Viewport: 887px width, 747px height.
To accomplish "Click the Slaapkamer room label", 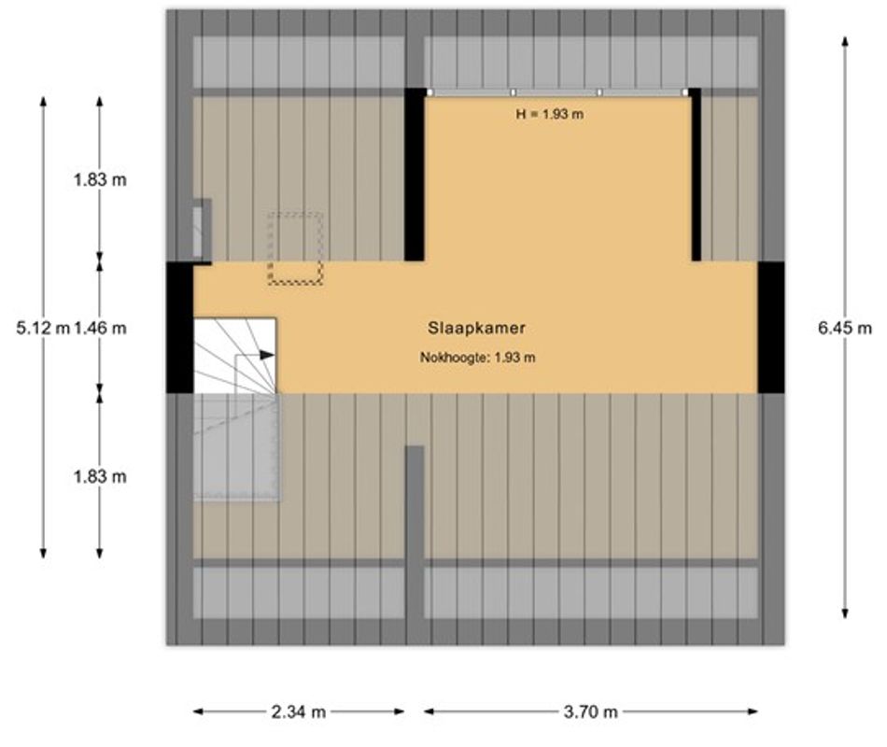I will tap(477, 328).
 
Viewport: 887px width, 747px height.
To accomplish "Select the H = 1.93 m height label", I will tap(557, 114).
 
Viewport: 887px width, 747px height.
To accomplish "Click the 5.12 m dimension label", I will tap(44, 328).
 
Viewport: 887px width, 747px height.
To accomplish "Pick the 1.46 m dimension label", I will tap(100, 328).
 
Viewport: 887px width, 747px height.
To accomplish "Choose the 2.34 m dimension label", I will tap(299, 712).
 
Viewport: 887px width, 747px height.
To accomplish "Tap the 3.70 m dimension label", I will tap(591, 712).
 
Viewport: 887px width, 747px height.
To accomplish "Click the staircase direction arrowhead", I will tap(268, 355).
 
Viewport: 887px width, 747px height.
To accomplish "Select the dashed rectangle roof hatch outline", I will tap(295, 247).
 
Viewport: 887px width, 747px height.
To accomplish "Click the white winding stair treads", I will tap(234, 356).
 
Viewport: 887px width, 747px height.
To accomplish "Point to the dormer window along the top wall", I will tap(557, 92).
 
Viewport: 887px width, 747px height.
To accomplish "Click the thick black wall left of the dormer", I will tap(415, 175).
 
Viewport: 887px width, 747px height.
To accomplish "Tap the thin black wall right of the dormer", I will tap(696, 175).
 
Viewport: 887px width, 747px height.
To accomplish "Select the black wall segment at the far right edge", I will tap(770, 327).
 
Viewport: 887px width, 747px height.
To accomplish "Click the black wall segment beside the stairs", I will tap(179, 327).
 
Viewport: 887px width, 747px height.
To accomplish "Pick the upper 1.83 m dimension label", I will tap(100, 180).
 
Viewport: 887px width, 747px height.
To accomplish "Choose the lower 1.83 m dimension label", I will tap(100, 476).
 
